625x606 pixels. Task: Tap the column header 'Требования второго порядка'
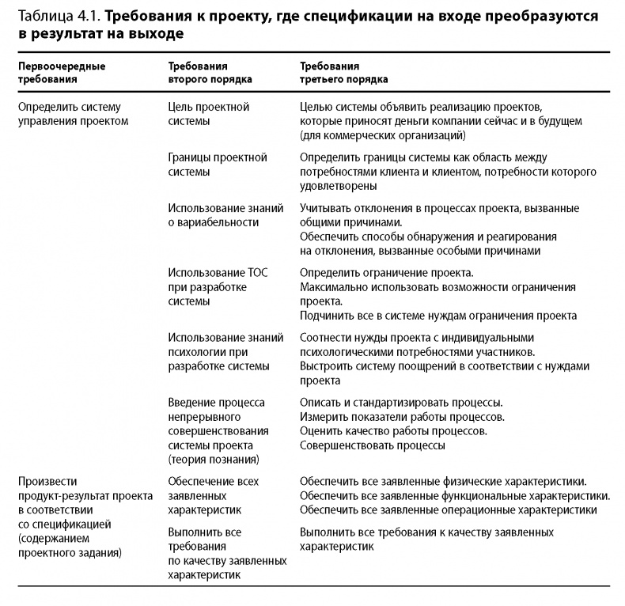pos(210,73)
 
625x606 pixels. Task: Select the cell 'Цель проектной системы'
pos(209,114)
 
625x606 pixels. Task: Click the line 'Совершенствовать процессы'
pos(372,445)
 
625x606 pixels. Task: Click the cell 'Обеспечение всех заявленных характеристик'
pos(214,495)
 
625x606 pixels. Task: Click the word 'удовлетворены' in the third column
pos(338,186)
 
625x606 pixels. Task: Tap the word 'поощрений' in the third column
pos(422,365)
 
